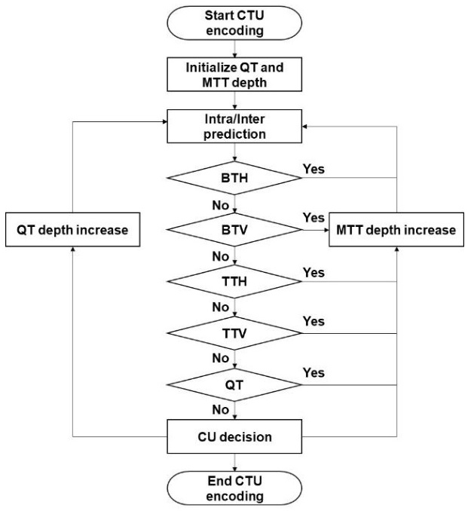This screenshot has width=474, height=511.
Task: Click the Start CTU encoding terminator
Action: tap(234, 23)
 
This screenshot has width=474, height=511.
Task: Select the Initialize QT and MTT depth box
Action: tap(234, 75)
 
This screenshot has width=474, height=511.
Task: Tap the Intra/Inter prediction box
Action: tap(234, 126)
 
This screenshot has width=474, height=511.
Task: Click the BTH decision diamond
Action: tap(234, 178)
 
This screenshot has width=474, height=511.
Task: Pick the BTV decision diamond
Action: tap(234, 230)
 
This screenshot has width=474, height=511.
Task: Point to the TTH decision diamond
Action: tap(234, 281)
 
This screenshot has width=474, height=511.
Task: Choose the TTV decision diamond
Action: tap(234, 333)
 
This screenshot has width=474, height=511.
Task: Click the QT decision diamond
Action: tap(234, 385)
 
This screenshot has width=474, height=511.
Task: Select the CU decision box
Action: tap(234, 436)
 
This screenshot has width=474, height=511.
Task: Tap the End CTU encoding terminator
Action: tap(234, 488)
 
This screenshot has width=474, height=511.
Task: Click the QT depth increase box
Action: tap(72, 230)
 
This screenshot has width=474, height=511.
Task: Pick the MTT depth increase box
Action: tap(396, 230)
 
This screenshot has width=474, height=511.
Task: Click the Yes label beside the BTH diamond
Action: tap(313, 169)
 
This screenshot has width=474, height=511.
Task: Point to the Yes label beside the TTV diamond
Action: tap(313, 321)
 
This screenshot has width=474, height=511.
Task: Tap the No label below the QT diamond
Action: tap(221, 410)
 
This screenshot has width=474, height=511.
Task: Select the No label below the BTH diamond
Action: tap(221, 205)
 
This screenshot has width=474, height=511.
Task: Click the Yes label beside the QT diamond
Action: tap(313, 372)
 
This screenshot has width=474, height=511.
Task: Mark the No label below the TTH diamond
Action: tap(221, 307)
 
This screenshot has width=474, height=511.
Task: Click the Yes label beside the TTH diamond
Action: tap(313, 272)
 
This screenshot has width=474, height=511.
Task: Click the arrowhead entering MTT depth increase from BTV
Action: tap(327, 230)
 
